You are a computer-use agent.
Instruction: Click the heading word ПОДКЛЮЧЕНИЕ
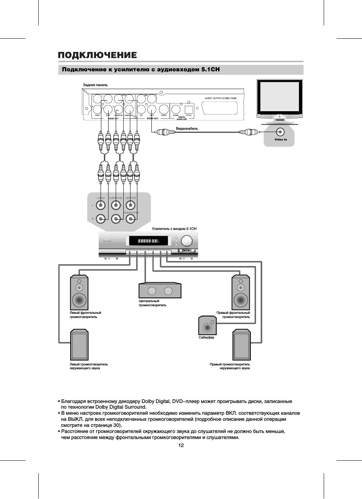97,55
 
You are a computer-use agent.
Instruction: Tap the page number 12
181,445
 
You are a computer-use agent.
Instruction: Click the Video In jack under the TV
280,132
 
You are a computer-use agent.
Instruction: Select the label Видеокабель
187,129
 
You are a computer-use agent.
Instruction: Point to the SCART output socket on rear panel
220,108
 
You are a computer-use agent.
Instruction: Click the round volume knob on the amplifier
187,241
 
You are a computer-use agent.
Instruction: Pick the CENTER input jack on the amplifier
130,205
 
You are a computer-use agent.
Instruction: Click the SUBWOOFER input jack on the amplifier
130,219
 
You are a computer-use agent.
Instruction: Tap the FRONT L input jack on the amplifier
101,205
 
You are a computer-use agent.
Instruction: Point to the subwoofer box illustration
207,326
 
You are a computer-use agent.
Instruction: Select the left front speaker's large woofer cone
79,300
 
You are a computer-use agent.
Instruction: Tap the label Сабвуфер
206,337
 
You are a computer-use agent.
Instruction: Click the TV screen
279,97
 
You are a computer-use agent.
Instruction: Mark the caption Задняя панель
95,85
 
